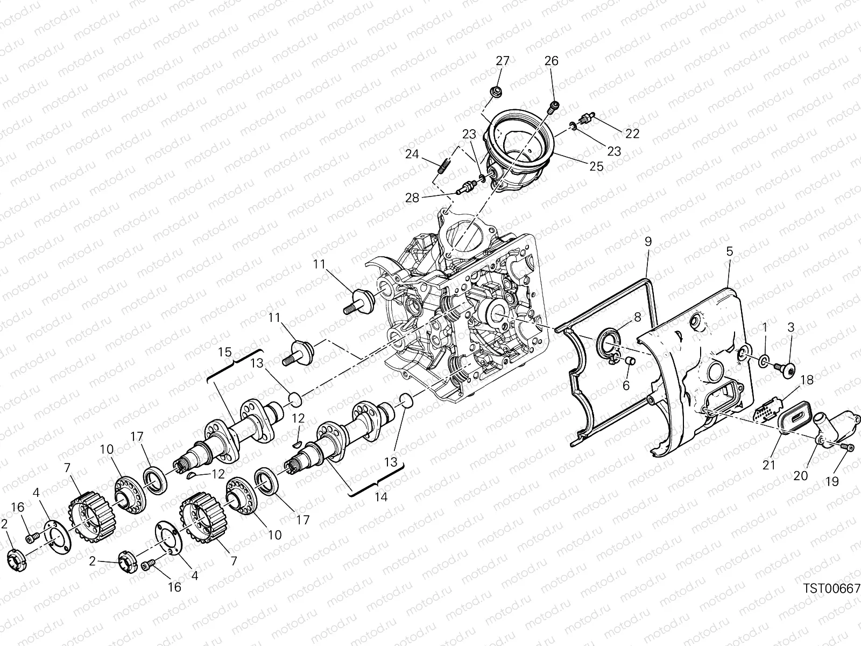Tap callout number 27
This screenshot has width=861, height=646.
(502, 61)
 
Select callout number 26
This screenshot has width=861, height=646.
(552, 61)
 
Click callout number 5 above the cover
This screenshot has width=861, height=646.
(729, 251)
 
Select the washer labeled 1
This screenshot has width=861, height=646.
(764, 360)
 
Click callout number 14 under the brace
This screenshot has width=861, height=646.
(380, 498)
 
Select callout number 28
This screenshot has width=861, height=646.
(412, 198)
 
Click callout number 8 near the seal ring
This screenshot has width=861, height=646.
(637, 318)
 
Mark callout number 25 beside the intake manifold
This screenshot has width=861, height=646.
(596, 166)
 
